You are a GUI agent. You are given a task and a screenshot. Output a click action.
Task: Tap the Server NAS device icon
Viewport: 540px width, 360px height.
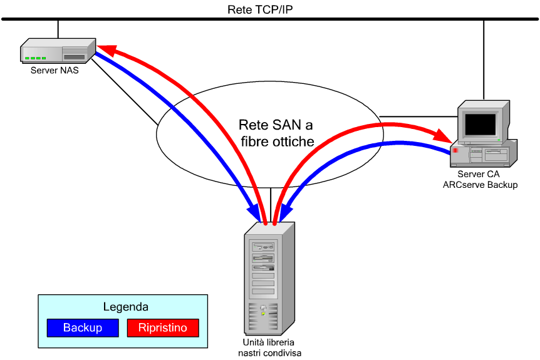click(x=58, y=50)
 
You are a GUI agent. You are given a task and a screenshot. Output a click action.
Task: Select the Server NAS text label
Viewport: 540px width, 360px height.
click(x=55, y=70)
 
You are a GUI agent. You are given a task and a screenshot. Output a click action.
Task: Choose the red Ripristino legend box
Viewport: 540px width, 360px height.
click(x=162, y=327)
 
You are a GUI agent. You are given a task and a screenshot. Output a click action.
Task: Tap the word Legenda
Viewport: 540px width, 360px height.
click(x=125, y=307)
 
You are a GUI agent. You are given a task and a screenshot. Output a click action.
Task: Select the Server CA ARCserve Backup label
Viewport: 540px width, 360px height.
click(x=480, y=179)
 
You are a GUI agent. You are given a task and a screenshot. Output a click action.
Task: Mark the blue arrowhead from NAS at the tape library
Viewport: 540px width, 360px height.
click(x=256, y=212)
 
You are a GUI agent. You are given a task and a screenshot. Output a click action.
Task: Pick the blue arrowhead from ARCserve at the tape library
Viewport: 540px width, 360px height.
click(x=283, y=212)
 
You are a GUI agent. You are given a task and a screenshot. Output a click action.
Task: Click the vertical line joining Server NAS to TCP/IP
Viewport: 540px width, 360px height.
click(x=58, y=29)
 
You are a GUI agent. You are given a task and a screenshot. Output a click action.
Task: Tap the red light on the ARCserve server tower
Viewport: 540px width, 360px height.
click(x=456, y=151)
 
